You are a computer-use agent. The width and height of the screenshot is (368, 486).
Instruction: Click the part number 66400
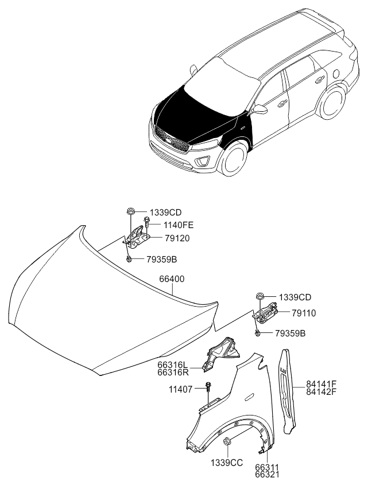172,279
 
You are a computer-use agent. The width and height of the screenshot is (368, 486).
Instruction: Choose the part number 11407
181,389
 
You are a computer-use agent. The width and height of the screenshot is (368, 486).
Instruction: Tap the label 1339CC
227,463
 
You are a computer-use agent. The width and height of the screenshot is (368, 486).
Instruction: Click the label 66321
268,475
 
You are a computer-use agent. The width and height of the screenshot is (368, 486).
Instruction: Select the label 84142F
321,392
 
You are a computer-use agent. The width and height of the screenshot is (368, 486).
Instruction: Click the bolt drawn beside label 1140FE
146,224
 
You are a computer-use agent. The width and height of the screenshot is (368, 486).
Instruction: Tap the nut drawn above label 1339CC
227,441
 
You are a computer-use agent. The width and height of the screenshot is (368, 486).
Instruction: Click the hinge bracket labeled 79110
266,313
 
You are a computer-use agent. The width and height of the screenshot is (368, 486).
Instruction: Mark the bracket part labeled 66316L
222,354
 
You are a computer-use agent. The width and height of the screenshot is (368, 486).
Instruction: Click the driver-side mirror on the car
259,109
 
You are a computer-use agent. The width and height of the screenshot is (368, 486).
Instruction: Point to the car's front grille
171,139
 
